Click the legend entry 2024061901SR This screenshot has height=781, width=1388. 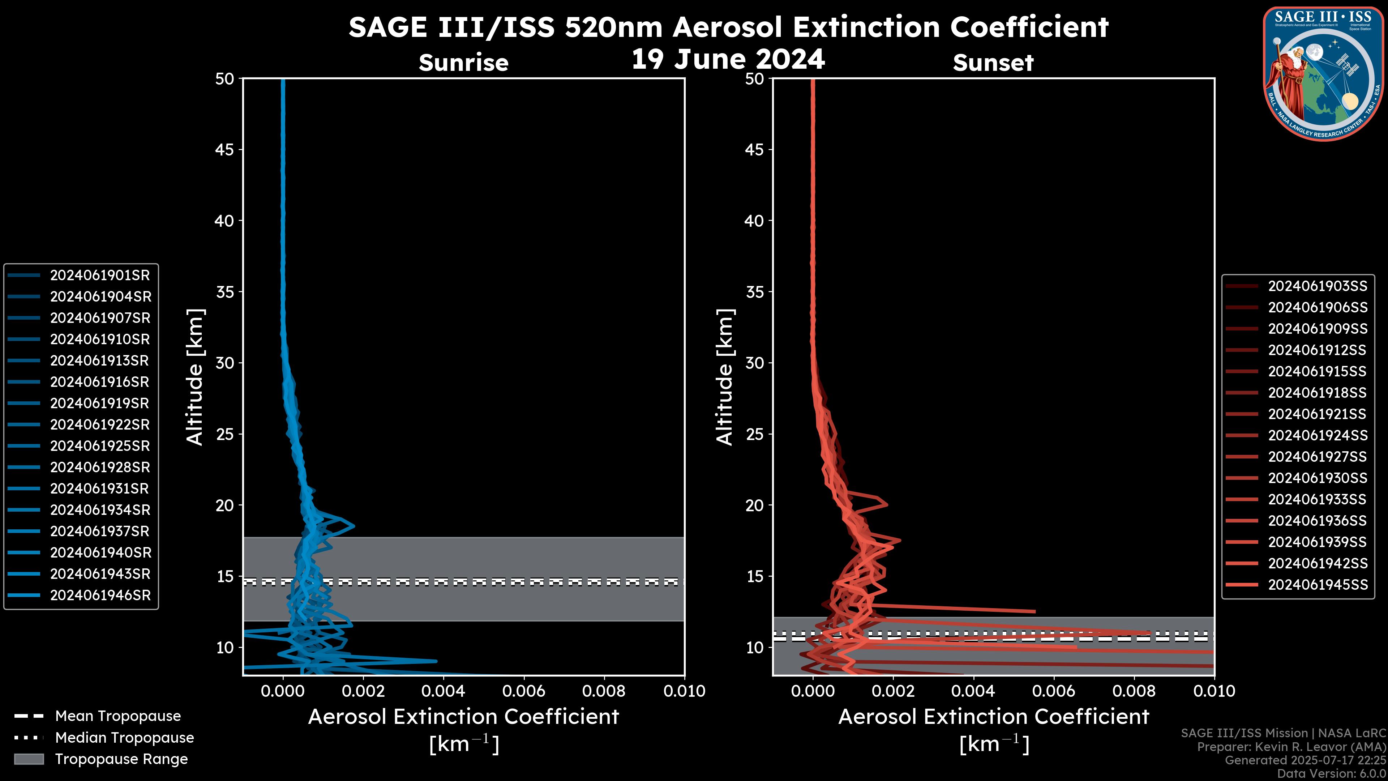pos(100,276)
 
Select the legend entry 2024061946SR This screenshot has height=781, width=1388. pos(100,596)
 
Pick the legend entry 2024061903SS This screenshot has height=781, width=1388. pos(1318,286)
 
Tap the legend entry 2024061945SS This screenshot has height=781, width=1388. pos(1318,585)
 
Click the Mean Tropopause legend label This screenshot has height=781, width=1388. pos(118,716)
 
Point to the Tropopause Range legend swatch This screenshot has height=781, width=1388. pos(29,759)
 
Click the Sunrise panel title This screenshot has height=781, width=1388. pos(463,63)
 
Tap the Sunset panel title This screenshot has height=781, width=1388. pos(993,63)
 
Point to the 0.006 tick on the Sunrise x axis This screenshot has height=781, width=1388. pos(524,691)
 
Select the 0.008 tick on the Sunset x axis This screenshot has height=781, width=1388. pos(1134,691)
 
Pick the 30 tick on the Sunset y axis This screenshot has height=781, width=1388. pos(754,363)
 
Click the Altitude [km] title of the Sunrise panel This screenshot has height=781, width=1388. pos(195,377)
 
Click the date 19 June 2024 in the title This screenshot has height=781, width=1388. pos(728,59)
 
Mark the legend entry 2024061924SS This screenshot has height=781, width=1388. pos(1318,435)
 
